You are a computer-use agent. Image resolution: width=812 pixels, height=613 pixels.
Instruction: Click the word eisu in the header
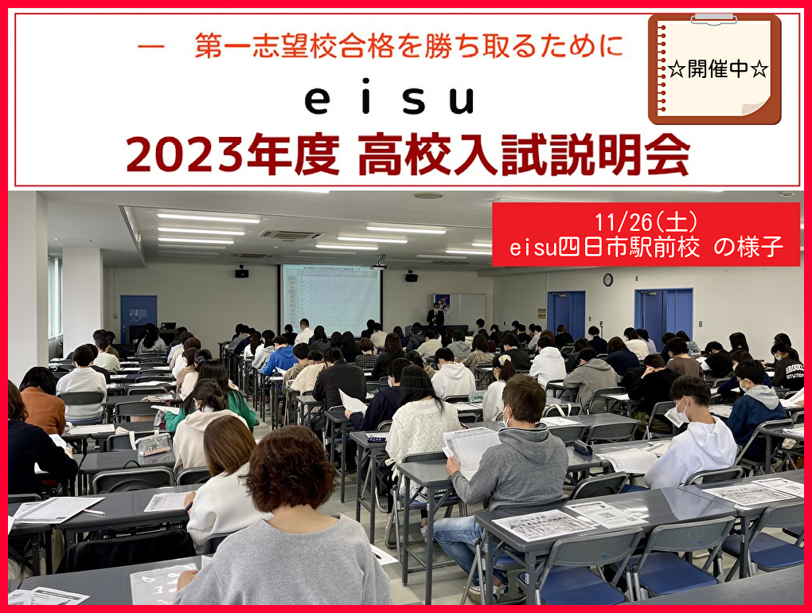pos(389,100)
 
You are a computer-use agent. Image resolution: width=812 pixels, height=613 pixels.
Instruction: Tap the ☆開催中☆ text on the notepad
pos(717,69)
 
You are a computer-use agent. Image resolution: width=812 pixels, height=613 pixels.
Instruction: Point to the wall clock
pos(607,279)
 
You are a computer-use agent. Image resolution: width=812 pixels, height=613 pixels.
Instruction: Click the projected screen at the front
pos(331,299)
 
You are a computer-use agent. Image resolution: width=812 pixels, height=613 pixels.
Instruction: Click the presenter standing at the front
pos(435,317)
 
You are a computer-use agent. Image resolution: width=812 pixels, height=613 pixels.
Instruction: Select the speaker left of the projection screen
pos(240,272)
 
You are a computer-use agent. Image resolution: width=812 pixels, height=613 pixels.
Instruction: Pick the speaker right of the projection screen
pos(411,275)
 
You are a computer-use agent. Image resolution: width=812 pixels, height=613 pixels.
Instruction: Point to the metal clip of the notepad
pos(713,18)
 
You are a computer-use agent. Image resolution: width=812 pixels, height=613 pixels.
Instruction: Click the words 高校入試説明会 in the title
pos(523,156)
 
